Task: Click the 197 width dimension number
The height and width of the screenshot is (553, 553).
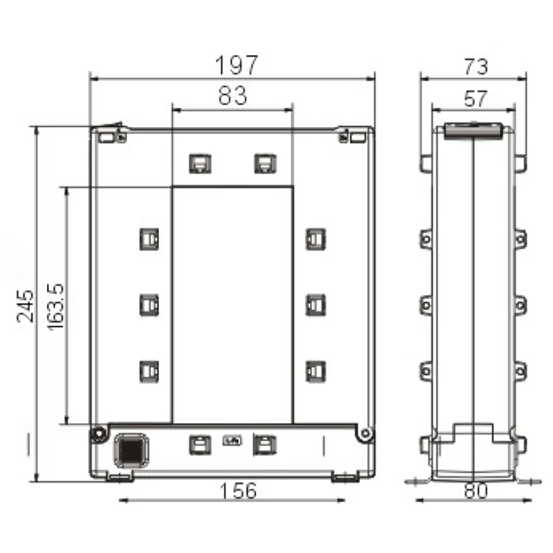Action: coord(236,65)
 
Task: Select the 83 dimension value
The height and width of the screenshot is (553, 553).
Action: coord(232,95)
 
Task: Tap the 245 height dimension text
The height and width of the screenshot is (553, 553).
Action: coord(26,306)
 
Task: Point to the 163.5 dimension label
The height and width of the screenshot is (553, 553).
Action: coord(55,306)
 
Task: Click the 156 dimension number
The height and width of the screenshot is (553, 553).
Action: coord(238,491)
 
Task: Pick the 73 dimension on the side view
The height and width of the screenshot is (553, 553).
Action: coord(476,66)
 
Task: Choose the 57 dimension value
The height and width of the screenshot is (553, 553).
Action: coord(476,98)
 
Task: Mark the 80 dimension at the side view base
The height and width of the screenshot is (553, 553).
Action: coord(476,491)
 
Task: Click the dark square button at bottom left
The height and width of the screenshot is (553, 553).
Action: coord(131,451)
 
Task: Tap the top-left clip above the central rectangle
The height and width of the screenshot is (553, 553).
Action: coord(200,164)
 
